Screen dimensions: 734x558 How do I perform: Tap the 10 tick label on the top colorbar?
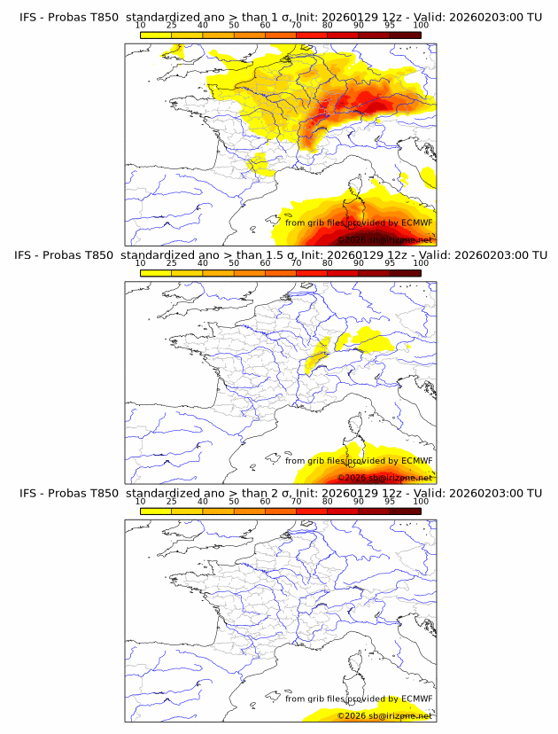[141, 26]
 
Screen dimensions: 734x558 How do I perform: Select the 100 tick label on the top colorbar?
[421, 26]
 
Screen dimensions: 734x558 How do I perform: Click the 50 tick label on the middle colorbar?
[234, 263]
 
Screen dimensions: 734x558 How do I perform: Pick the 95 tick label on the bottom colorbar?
[390, 502]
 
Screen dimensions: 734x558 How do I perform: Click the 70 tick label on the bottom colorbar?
[296, 502]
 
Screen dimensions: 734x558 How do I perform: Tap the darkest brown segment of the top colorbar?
[405, 35]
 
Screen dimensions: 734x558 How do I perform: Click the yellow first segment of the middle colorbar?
[156, 273]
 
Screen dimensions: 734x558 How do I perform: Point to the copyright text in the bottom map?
[384, 715]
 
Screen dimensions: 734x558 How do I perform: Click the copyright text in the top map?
[384, 240]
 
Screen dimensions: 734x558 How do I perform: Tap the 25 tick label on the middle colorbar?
[172, 263]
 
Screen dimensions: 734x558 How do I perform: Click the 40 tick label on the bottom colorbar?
[203, 502]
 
